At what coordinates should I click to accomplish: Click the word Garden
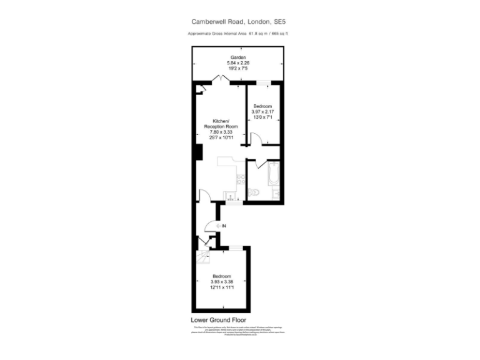click(237, 57)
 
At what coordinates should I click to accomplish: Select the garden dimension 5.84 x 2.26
click(237, 63)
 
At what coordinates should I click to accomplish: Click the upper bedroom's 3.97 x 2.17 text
click(262, 111)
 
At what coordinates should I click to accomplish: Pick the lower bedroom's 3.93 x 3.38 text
click(222, 282)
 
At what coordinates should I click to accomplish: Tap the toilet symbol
click(252, 193)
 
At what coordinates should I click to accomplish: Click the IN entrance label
click(224, 225)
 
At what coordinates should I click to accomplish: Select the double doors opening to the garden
click(220, 79)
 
